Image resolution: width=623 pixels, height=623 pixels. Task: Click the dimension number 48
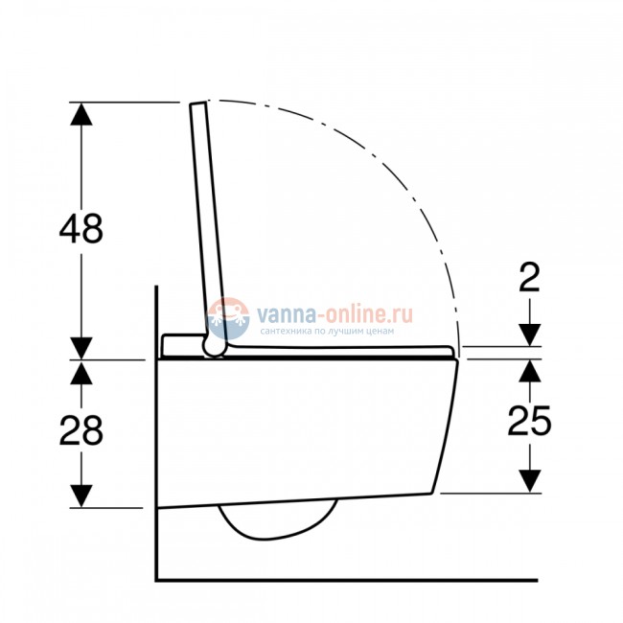pyautogui.click(x=81, y=228)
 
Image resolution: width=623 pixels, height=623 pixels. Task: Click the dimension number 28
pyautogui.click(x=81, y=430)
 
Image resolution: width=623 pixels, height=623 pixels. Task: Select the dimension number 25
pyautogui.click(x=529, y=421)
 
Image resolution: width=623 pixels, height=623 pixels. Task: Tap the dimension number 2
pyautogui.click(x=530, y=277)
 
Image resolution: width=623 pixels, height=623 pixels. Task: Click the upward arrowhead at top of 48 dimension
pyautogui.click(x=81, y=114)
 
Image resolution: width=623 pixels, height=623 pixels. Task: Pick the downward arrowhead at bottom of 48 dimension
pyautogui.click(x=81, y=348)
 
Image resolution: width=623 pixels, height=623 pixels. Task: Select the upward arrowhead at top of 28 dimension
pyautogui.click(x=81, y=373)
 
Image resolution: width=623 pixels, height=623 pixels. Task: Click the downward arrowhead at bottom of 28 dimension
pyautogui.click(x=81, y=496)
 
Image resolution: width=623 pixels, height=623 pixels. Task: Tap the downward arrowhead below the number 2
pyautogui.click(x=530, y=335)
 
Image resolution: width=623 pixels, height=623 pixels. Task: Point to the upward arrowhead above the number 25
pyautogui.click(x=530, y=371)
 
